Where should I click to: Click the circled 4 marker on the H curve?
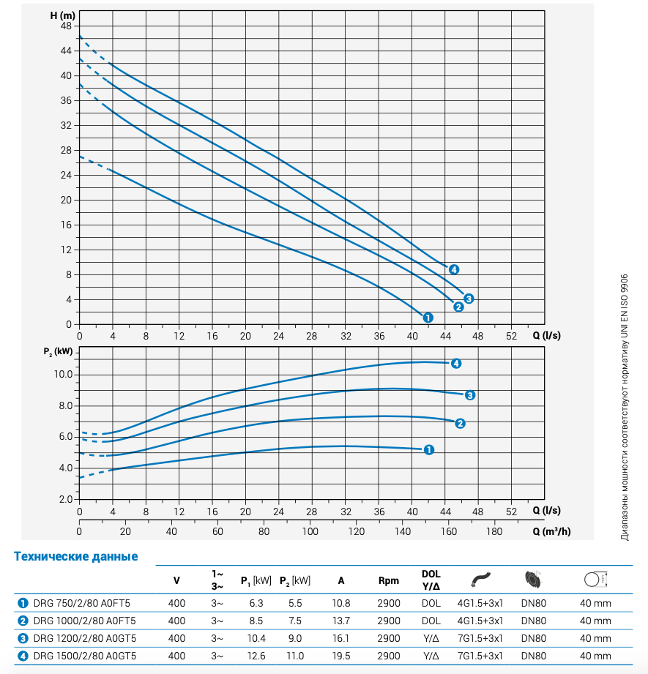click(454, 269)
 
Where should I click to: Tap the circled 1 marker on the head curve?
click(428, 318)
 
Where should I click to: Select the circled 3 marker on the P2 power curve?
click(471, 395)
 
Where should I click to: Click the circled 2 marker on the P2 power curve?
click(461, 423)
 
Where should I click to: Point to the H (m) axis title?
click(62, 15)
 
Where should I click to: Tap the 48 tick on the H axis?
click(66, 26)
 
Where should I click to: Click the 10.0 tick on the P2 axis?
click(62, 375)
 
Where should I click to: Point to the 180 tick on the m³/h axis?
click(494, 531)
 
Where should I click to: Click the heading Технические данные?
click(76, 556)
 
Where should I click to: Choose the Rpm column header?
click(389, 581)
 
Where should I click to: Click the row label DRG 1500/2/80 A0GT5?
click(85, 656)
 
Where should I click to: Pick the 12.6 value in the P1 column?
click(256, 656)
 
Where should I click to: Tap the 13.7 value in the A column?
click(341, 621)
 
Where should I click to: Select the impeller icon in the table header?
click(533, 580)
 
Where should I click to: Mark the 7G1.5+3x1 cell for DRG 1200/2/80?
click(480, 638)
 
